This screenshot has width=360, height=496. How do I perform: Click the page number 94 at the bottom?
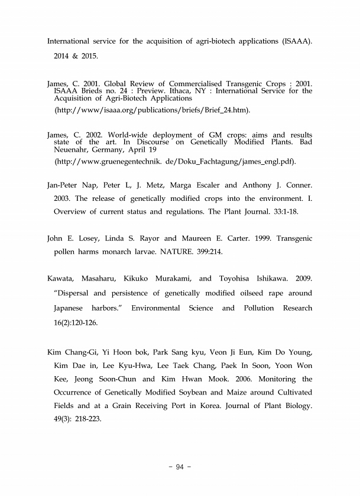coord(180,468)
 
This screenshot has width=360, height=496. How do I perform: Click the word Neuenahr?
coord(72,150)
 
